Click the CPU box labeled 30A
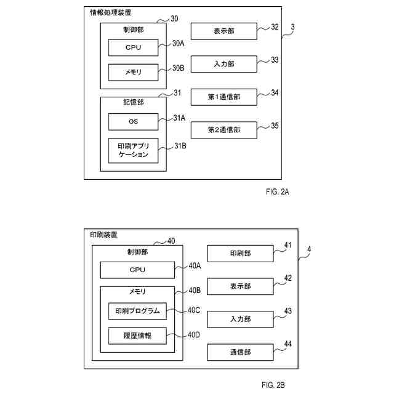tap(133, 47)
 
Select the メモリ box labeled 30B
tap(133, 73)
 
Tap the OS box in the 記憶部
tap(133, 122)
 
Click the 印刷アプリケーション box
tap(133, 150)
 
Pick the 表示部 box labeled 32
tap(224, 31)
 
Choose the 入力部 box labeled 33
tap(224, 64)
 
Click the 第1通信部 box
tap(224, 97)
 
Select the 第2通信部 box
tap(224, 130)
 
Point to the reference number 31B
tap(180, 146)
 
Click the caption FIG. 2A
tap(278, 192)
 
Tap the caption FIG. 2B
tap(273, 385)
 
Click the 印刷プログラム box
tap(137, 311)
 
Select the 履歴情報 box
tap(137, 336)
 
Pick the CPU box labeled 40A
tap(137, 270)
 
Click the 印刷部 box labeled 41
tap(240, 253)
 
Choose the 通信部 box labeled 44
tap(240, 352)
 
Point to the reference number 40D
tap(194, 335)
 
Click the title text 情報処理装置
tap(111, 12)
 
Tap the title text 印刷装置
tap(104, 235)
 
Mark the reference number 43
tap(287, 311)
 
